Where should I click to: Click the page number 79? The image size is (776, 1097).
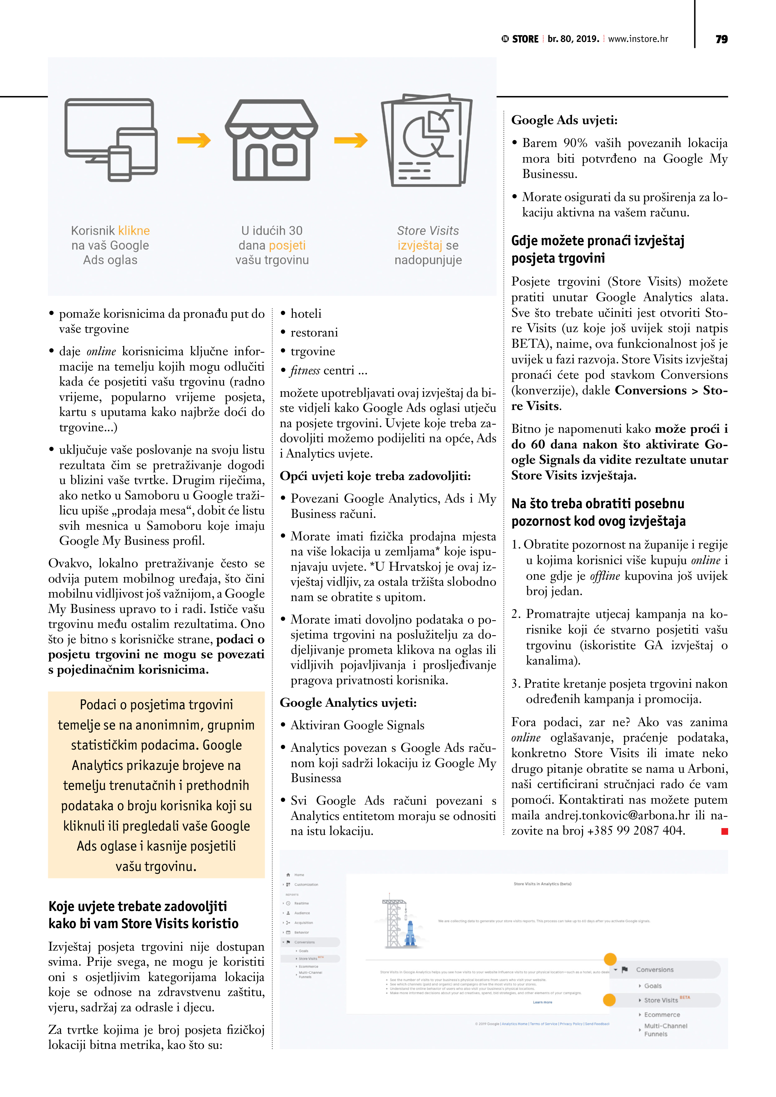coord(722,39)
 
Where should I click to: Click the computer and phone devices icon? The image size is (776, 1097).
coord(111,139)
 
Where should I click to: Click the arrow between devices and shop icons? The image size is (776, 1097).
coord(194,140)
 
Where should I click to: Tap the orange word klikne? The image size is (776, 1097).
coord(134,231)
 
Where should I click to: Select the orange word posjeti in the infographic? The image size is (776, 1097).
coord(287,245)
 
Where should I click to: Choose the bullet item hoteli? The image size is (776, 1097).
coord(306,314)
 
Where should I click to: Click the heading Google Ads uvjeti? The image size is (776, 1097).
coord(564,120)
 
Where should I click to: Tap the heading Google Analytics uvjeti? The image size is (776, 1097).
coord(348,703)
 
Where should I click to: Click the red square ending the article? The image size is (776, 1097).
coord(724,832)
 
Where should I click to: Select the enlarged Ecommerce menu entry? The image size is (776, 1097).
coord(662,1014)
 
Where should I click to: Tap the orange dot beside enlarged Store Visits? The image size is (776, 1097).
coord(609,1000)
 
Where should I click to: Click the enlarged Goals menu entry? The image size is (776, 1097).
coord(653,986)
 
